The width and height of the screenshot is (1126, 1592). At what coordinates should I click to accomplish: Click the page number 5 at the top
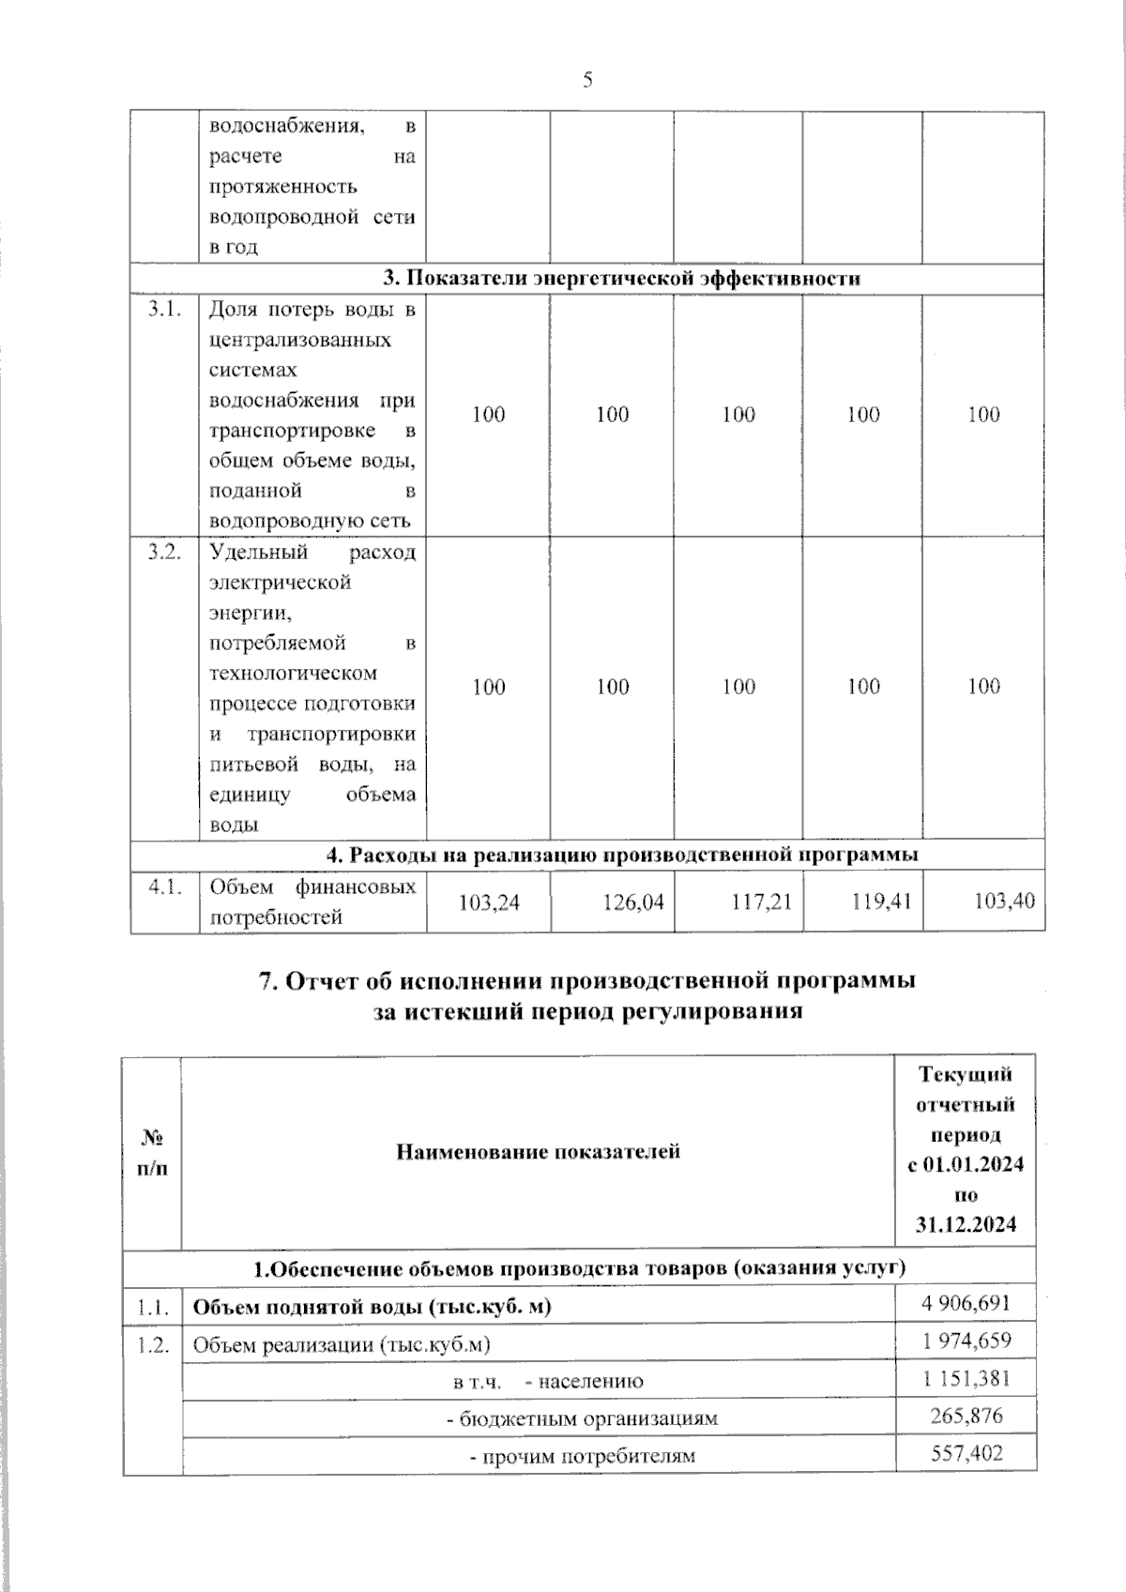587,81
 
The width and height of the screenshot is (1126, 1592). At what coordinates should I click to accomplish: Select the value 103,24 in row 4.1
488,902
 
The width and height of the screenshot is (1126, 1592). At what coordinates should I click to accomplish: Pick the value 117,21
761,902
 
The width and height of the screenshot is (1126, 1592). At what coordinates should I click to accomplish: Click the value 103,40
1004,902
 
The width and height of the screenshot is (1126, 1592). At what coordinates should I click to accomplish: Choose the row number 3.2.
164,553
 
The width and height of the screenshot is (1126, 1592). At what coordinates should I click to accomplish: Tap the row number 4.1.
164,887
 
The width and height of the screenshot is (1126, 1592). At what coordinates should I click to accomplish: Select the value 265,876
966,1415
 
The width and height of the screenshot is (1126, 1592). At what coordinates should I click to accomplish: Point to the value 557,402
966,1453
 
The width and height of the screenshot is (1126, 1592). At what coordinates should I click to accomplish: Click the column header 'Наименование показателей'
538,1151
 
